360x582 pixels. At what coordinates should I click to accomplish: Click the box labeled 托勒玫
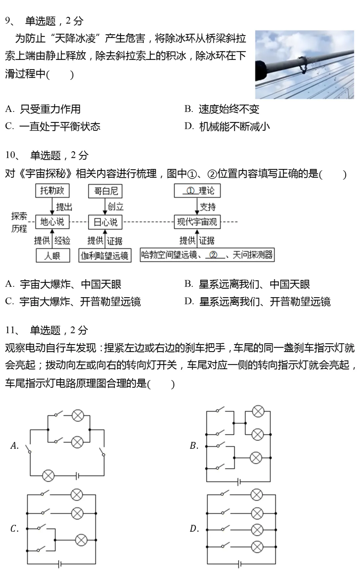pyautogui.click(x=52, y=191)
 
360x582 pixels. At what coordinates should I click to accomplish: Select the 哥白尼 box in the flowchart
pyautogui.click(x=105, y=191)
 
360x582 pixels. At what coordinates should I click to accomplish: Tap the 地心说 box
pyautogui.click(x=52, y=222)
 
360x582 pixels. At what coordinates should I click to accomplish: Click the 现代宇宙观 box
pyautogui.click(x=197, y=222)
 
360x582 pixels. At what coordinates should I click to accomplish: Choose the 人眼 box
pyautogui.click(x=53, y=256)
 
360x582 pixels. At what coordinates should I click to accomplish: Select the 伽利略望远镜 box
pyautogui.click(x=105, y=256)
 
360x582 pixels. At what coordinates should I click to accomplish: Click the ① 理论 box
pyautogui.click(x=197, y=191)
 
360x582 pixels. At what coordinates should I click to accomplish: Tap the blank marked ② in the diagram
pyautogui.click(x=213, y=255)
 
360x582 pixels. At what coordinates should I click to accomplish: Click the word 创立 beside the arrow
pyautogui.click(x=116, y=207)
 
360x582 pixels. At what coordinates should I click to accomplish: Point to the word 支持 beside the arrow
pyautogui.click(x=208, y=207)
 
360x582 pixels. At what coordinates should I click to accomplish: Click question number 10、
pyautogui.click(x=12, y=155)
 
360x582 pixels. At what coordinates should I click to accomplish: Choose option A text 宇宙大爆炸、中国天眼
pyautogui.click(x=70, y=285)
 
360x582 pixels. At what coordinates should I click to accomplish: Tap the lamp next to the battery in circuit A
pyautogui.click(x=48, y=475)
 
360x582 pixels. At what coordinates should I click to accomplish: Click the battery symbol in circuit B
pyautogui.click(x=239, y=482)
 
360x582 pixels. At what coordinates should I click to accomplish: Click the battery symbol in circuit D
pyautogui.click(x=240, y=564)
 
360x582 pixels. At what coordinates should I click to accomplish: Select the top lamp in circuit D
pyautogui.click(x=256, y=495)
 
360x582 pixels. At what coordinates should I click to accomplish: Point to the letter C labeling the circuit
pyautogui.click(x=14, y=529)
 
